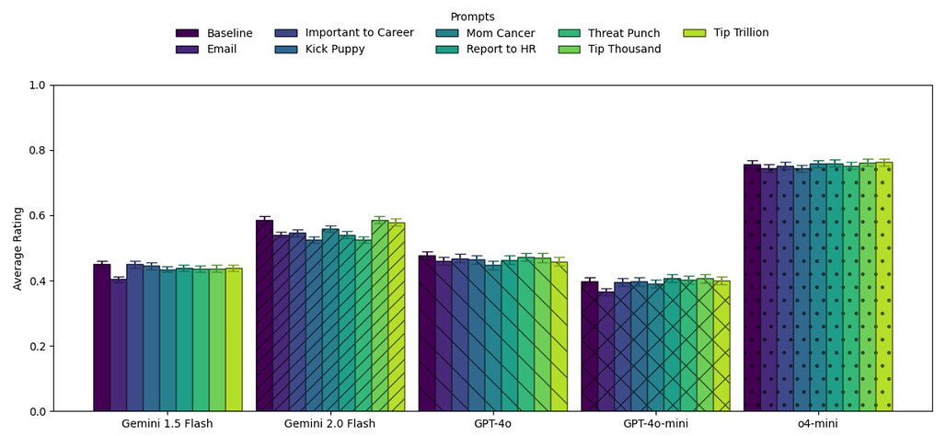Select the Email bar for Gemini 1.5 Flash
(118, 345)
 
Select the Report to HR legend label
(502, 49)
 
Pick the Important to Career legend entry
(359, 33)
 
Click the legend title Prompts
(472, 17)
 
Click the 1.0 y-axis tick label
(37, 86)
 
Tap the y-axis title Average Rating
(18, 248)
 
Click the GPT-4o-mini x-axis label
(656, 424)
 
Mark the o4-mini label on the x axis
(818, 424)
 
